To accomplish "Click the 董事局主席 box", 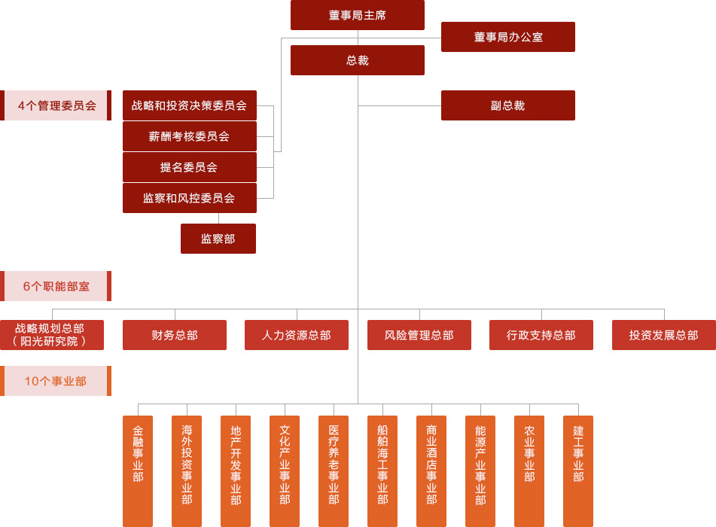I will pos(357,15).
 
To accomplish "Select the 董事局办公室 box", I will pos(507,37).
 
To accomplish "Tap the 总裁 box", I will pos(357,60).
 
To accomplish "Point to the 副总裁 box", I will pos(507,105).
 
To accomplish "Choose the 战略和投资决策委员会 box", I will pos(189,105).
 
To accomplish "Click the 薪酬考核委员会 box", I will pos(189,136).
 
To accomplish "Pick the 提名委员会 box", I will pos(189,167).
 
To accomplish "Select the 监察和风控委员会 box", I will pos(189,198).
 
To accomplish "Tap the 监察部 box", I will pos(218,239).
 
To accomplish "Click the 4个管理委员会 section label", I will pos(56,105).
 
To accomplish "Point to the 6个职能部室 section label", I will pos(56,286).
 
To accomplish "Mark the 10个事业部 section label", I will pos(56,381).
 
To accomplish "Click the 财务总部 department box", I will pos(174,335).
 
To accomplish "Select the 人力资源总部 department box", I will pos(296,335).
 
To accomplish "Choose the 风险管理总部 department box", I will pos(419,335).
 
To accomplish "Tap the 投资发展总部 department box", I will pos(663,335).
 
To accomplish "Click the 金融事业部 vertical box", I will pos(138,471).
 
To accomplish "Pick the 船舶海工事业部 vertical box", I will pos(382,471).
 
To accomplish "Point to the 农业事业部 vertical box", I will pos(529,471).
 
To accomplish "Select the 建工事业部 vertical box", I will pos(578,471).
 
